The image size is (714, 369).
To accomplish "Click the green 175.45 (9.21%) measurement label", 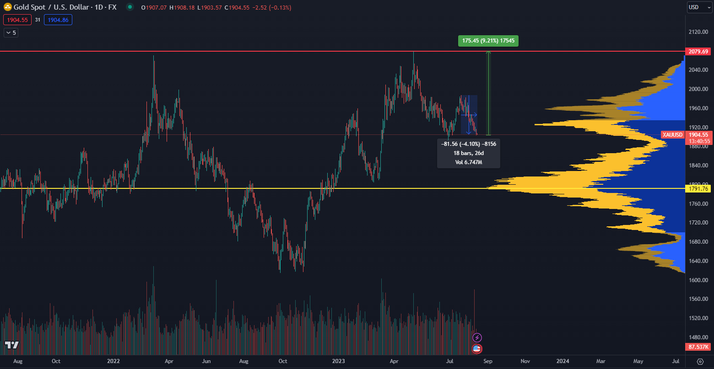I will pos(488,41).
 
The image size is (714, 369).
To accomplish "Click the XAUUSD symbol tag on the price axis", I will pos(672,135).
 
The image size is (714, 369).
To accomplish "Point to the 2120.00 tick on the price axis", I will pos(698,32).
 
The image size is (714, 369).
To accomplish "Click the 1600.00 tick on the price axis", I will pos(698,280).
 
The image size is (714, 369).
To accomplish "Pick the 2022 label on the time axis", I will pos(113,361).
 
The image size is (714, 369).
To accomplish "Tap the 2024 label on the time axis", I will pos(563,361).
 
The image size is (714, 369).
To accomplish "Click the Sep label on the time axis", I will pos(488,361).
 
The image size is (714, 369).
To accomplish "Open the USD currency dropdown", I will pos(700,7).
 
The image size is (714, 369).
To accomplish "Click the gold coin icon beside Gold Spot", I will pos(8,7).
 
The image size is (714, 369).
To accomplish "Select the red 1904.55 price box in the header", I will pos(17,20).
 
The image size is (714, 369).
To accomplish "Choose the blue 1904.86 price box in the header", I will pos(58,20).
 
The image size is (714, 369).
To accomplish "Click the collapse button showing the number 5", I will pos(11,32).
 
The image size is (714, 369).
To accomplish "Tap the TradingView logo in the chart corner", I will pos(11,345).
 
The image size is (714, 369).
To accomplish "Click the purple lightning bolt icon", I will pos(477,337).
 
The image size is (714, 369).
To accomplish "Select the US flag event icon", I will pos(477,349).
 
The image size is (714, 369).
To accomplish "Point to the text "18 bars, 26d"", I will pos(468,153).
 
